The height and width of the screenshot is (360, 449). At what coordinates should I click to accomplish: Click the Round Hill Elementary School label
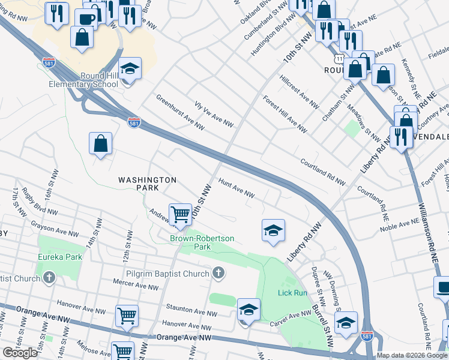pos(83,80)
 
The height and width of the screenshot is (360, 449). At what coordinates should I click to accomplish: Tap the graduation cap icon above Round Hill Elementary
pos(129,70)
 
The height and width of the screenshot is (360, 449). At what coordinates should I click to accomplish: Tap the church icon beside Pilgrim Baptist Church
pos(219,274)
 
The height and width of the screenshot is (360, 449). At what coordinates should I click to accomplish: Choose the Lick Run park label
pos(292,293)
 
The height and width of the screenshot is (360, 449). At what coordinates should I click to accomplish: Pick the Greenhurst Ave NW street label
pos(180,112)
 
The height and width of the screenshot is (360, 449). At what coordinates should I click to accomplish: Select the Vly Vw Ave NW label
pos(214,113)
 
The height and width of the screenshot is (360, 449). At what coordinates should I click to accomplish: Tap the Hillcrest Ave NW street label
pos(299,93)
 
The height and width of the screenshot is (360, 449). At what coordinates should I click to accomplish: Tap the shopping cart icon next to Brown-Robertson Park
pos(181,214)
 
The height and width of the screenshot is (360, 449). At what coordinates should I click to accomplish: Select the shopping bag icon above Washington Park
pos(100,143)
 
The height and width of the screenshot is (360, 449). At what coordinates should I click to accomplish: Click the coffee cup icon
pos(86,18)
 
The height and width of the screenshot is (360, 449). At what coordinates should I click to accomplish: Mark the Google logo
pos(20,353)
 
